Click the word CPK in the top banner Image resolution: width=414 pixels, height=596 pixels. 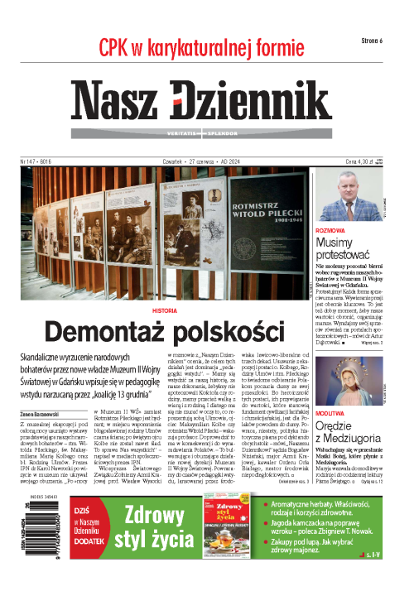[x=118, y=46]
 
